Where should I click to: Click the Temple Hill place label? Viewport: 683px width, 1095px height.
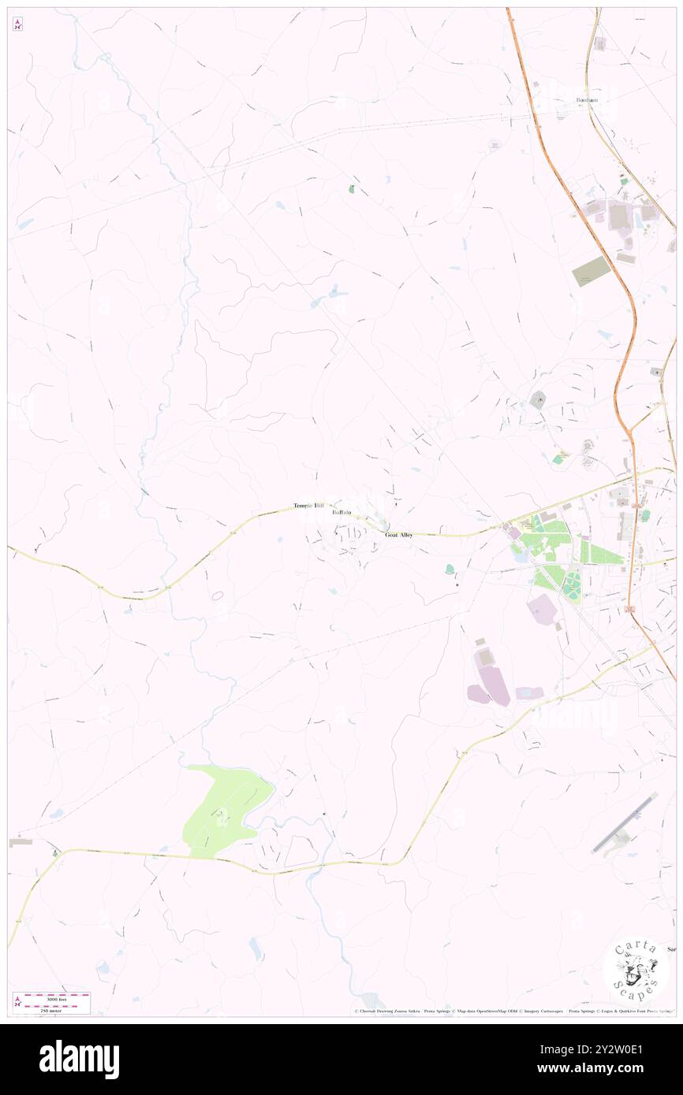(308, 505)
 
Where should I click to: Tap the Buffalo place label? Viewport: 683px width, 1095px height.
(341, 512)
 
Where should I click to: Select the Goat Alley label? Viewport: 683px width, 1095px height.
(398, 535)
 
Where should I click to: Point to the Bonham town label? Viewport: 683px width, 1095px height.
(587, 100)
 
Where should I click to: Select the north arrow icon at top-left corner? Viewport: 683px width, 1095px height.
(17, 25)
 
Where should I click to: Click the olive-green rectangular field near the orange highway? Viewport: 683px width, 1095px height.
(592, 271)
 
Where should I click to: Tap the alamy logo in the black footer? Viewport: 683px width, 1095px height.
(79, 1059)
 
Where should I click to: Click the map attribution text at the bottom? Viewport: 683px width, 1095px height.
(513, 1011)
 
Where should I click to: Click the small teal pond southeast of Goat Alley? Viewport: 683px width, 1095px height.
(450, 568)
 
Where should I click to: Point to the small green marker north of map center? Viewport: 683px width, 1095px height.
(352, 189)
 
